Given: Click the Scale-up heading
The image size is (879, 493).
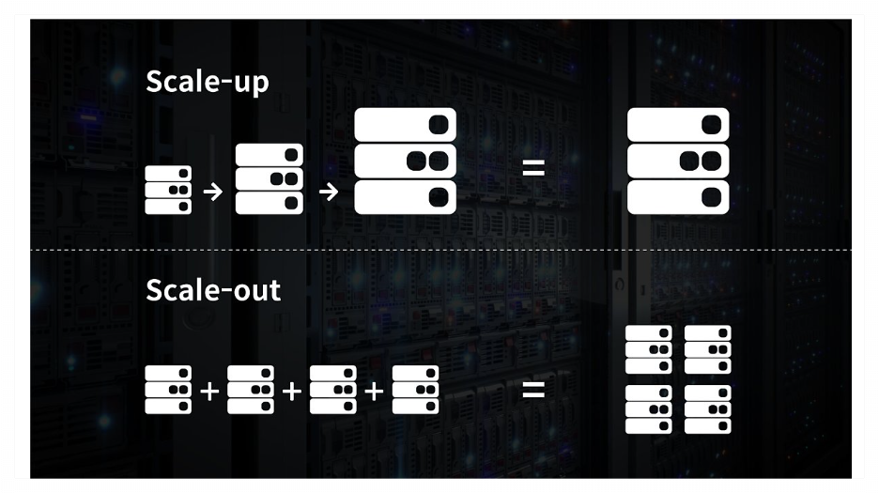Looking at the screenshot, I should (x=208, y=82).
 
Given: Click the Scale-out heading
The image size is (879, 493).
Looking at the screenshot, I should (x=213, y=290).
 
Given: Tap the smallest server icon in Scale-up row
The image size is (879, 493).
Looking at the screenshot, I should (x=168, y=190).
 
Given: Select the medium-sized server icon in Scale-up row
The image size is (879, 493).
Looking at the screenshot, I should (x=269, y=178).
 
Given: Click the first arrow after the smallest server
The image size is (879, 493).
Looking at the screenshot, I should (x=213, y=192).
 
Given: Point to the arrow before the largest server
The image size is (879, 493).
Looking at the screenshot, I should (x=328, y=192).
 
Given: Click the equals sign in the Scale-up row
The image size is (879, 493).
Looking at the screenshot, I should (x=532, y=170).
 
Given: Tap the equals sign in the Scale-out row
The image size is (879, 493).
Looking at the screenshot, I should (x=532, y=388).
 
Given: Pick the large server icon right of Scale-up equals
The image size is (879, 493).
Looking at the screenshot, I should (x=678, y=161).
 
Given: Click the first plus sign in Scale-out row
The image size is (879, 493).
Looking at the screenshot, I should (x=209, y=390).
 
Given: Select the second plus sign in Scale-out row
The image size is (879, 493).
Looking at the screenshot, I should (x=291, y=390).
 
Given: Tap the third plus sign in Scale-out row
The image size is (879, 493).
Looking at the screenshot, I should (x=374, y=390).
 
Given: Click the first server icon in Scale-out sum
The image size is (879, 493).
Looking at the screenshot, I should (x=168, y=390).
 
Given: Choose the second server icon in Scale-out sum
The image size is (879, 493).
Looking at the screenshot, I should (x=251, y=390).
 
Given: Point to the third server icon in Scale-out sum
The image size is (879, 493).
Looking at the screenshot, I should (x=332, y=390).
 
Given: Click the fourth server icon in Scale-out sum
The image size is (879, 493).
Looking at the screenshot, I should (x=415, y=390).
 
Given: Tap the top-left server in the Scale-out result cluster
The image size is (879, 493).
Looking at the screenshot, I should (x=649, y=349).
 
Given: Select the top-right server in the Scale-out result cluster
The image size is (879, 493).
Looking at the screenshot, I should (x=707, y=349).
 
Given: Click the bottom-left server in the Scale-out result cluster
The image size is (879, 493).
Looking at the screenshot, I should (x=649, y=409).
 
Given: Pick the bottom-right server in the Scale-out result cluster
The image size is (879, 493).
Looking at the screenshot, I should (x=707, y=409).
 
